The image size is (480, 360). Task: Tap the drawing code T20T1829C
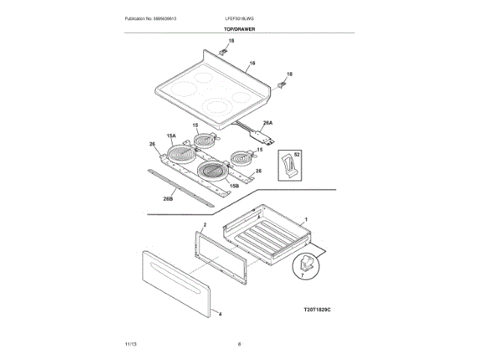(x=316, y=309)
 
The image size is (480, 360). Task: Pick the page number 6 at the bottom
(x=239, y=344)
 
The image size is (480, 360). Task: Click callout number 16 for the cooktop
(x=252, y=63)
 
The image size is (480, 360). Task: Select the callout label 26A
(x=268, y=122)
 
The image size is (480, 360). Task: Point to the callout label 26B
(x=168, y=199)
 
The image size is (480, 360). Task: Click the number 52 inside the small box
(x=297, y=154)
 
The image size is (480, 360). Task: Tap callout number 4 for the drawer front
(x=220, y=314)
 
